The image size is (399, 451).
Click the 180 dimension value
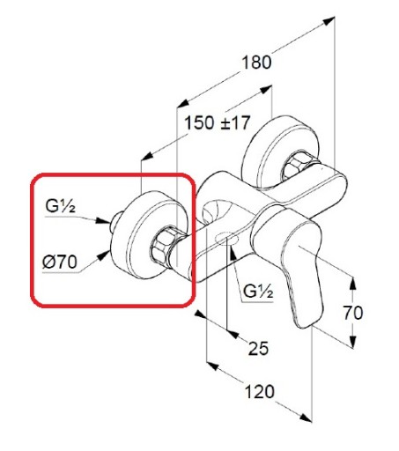256,63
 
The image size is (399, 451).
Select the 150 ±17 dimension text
218,122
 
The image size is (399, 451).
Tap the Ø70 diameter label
60,262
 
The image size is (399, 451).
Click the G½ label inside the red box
61,205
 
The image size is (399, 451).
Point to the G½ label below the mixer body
258,292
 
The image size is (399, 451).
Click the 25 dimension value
258,348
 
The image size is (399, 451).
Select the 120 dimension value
259,392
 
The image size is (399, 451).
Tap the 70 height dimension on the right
353,313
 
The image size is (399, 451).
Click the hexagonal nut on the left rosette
163,247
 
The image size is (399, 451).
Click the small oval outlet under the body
227,239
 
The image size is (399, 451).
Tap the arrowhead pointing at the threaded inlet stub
103,221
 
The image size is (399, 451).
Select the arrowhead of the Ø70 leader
103,255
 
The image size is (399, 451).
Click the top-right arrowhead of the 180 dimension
329,20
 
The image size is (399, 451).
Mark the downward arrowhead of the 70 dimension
353,343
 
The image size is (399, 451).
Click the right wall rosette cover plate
280,152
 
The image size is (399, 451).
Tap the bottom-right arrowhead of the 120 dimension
306,418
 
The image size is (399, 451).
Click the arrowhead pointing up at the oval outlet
233,254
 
